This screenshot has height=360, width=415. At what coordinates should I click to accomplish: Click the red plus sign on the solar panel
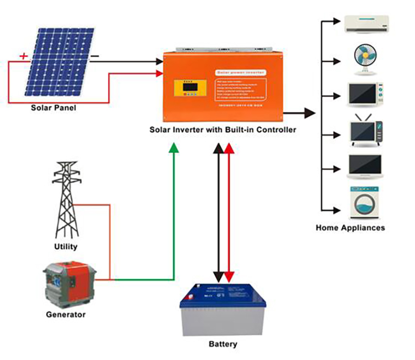(x=23, y=56)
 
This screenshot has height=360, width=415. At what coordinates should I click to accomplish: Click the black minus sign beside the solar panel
(x=95, y=56)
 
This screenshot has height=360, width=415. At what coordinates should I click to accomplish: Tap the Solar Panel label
(x=54, y=108)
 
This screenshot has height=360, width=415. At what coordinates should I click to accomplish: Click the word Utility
(x=66, y=247)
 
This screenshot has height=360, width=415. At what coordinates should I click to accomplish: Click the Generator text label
(x=66, y=315)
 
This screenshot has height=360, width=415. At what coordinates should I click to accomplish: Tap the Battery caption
(x=223, y=344)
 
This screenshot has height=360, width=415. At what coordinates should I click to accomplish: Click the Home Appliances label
(x=350, y=227)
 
